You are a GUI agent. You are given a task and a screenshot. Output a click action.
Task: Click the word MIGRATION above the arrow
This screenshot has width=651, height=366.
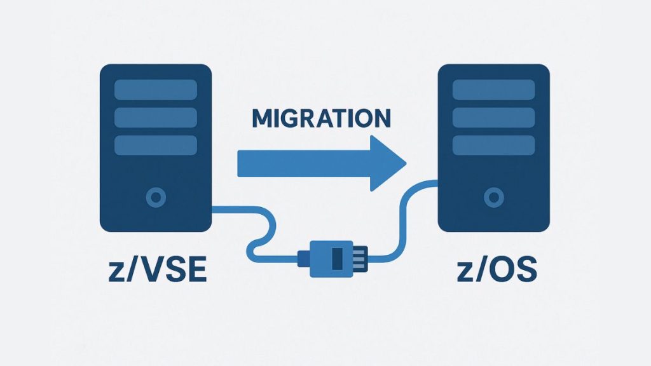[x=321, y=119]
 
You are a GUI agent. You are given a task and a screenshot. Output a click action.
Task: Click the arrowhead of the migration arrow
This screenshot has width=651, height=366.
[x=388, y=163]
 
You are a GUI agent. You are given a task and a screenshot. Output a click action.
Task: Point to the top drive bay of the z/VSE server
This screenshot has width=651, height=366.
[x=155, y=89]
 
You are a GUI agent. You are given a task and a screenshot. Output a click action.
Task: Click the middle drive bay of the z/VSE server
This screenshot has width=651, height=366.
[x=155, y=117]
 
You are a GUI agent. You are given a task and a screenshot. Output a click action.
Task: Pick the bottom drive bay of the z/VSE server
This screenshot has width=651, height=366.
[x=155, y=145]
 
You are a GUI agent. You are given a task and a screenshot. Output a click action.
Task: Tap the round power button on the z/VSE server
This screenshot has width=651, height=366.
[x=155, y=198]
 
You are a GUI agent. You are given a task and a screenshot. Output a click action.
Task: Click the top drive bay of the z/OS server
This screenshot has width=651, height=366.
[x=493, y=89]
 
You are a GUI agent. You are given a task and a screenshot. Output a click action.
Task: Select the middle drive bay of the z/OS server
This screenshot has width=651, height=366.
[x=493, y=117]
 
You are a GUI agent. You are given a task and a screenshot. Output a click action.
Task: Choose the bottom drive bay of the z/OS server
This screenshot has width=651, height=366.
[x=493, y=145]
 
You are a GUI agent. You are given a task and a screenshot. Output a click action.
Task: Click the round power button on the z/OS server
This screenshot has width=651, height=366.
[x=493, y=198]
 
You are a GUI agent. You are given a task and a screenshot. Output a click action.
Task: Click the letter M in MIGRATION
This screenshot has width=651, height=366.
[x=264, y=119]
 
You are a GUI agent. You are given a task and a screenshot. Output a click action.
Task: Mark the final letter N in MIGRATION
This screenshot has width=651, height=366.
[x=380, y=119]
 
